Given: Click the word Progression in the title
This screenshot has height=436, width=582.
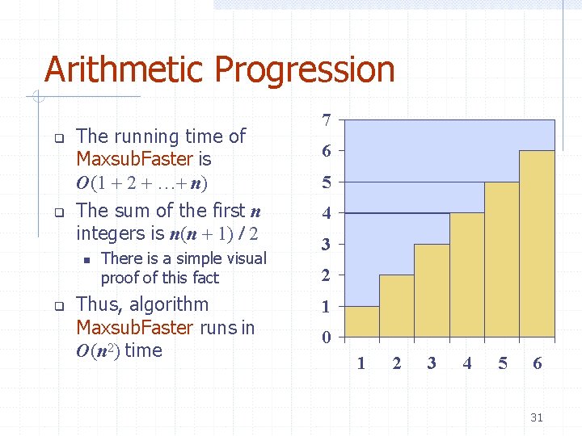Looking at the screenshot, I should (303, 69).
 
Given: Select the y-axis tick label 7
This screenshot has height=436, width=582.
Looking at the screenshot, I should (326, 120).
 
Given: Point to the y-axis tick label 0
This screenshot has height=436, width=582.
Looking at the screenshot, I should (326, 337).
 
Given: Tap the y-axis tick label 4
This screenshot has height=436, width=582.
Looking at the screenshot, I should (326, 214).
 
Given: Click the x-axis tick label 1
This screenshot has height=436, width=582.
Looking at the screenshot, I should (361, 363).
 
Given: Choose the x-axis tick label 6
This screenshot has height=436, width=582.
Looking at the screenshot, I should (537, 363).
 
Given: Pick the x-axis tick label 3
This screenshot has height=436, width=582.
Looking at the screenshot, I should (432, 363).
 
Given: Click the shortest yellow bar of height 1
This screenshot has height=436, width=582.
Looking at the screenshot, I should (361, 321).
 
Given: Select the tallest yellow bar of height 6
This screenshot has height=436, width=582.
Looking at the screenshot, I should (537, 244).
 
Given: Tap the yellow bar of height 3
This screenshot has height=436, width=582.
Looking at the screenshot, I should (432, 291).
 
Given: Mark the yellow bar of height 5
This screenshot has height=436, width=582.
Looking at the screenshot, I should (501, 259).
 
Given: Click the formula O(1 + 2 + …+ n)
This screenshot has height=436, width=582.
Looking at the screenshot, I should (142, 182).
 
